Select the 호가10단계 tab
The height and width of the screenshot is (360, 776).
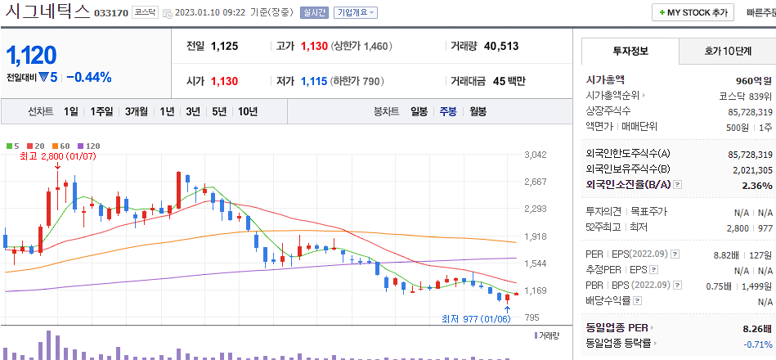[x=727, y=51]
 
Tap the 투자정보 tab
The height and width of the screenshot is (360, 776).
[x=630, y=51]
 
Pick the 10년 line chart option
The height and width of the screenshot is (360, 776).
[x=247, y=111]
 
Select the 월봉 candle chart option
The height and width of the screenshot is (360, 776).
[x=478, y=111]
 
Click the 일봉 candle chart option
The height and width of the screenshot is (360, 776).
[x=419, y=111]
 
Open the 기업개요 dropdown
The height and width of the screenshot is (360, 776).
[x=356, y=13]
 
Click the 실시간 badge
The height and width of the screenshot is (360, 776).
[x=314, y=13]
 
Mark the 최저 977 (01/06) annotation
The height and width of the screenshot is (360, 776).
[x=476, y=319]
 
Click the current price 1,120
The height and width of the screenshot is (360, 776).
[x=32, y=56]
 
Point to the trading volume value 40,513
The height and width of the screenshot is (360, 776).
[x=501, y=47]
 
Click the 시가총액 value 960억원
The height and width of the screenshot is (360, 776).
[x=754, y=80]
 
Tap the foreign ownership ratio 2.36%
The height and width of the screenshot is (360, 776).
[x=757, y=185]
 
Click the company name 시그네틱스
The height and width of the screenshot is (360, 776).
[x=46, y=12]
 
